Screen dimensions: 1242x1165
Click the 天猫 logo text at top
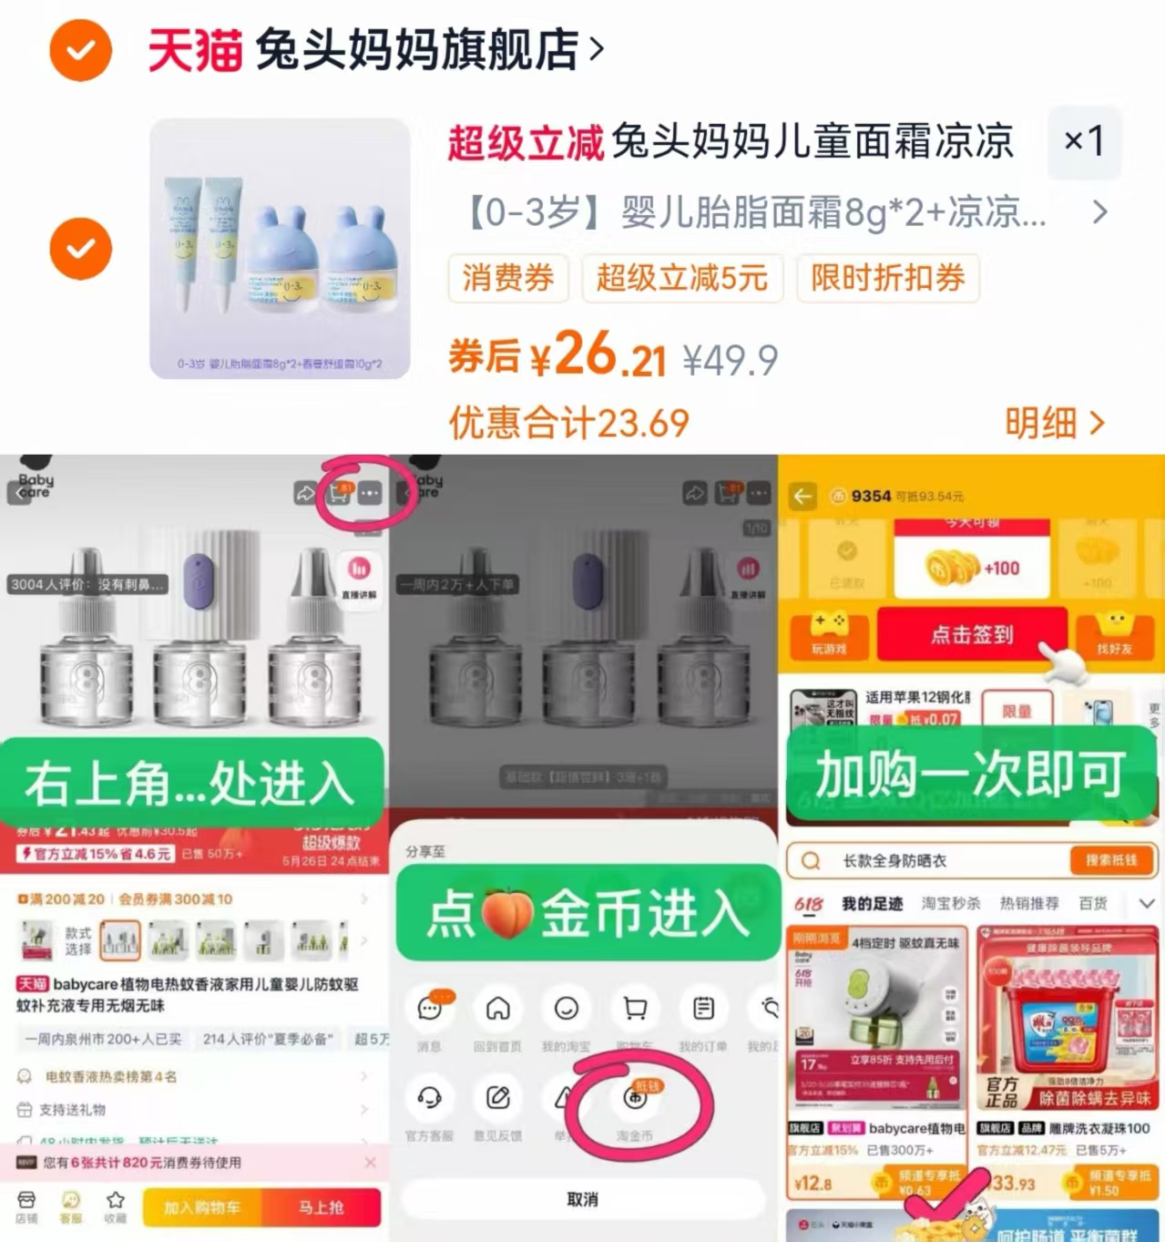click(x=195, y=49)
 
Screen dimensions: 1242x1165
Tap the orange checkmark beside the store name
click(x=80, y=49)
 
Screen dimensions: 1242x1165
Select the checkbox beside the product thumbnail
click(x=80, y=248)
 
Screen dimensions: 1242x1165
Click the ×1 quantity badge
click(x=1084, y=141)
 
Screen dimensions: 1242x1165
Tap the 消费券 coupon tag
click(x=507, y=278)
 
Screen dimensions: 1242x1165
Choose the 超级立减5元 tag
click(x=682, y=278)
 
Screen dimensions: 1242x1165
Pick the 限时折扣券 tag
click(x=888, y=278)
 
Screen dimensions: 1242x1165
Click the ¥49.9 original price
click(x=731, y=361)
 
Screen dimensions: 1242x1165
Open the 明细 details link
click(x=1054, y=423)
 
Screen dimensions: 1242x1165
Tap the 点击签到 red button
click(x=971, y=634)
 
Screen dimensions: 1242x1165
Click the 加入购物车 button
click(x=202, y=1207)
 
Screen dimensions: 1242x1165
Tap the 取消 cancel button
click(x=582, y=1199)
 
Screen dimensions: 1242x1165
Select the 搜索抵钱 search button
click(x=1110, y=860)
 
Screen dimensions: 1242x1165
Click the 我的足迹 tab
click(x=872, y=903)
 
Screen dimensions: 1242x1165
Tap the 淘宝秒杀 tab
click(x=951, y=903)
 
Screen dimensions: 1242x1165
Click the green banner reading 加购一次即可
click(x=971, y=775)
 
